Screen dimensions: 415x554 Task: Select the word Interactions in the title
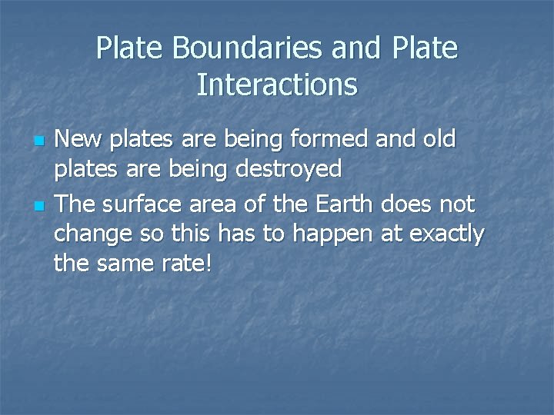pyautogui.click(x=277, y=85)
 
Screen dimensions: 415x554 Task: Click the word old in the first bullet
pyautogui.click(x=438, y=139)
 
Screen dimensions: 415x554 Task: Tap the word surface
pyautogui.click(x=143, y=204)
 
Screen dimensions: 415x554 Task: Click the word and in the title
pyautogui.click(x=357, y=48)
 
